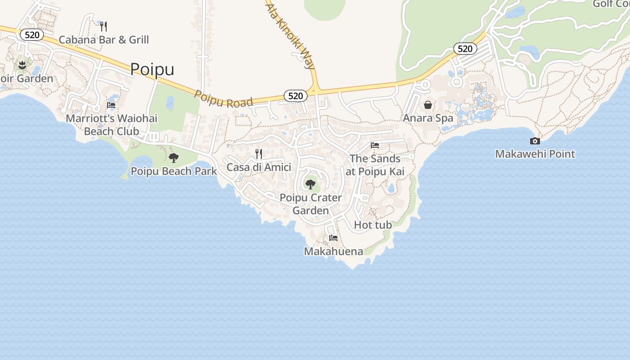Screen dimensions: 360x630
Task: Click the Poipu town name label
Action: pyautogui.click(x=152, y=69)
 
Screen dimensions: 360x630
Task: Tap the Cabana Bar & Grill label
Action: pyautogui.click(x=103, y=40)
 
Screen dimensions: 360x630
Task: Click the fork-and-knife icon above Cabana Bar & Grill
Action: pyautogui.click(x=103, y=26)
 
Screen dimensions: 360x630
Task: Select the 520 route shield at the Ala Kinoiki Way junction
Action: pyautogui.click(x=295, y=95)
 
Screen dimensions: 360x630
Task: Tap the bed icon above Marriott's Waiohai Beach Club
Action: pyautogui.click(x=111, y=105)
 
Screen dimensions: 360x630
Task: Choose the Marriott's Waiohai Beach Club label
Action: pyautogui.click(x=112, y=125)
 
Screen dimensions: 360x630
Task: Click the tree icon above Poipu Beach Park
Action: pyautogui.click(x=174, y=158)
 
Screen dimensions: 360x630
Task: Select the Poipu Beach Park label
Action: pyautogui.click(x=174, y=171)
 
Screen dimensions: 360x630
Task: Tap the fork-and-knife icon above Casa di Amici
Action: pyautogui.click(x=259, y=154)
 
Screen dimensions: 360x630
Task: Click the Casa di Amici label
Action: pyautogui.click(x=259, y=167)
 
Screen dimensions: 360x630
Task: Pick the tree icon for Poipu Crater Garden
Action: pyautogui.click(x=310, y=184)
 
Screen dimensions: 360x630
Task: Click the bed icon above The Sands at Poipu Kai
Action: pyautogui.click(x=375, y=145)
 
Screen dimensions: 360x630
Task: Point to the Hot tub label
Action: pyautogui.click(x=373, y=225)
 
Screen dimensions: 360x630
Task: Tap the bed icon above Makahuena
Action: pyautogui.click(x=333, y=238)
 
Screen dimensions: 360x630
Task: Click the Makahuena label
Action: pyautogui.click(x=333, y=251)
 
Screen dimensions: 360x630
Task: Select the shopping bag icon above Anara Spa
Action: pyautogui.click(x=427, y=105)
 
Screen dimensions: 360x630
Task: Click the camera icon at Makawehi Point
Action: pyautogui.click(x=535, y=141)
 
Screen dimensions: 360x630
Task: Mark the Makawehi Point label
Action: pyautogui.click(x=535, y=154)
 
